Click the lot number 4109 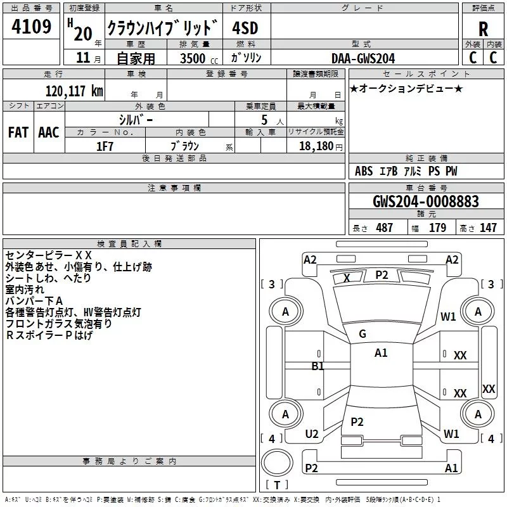[32, 28]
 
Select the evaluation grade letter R [483, 29]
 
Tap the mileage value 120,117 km [74, 91]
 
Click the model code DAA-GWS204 [363, 58]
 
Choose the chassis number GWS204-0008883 [425, 202]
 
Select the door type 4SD [247, 29]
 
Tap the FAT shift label [18, 132]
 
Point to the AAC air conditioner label [49, 132]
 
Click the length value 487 [384, 228]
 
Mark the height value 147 [488, 228]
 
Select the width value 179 [437, 228]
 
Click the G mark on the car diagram [363, 334]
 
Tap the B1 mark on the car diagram [318, 366]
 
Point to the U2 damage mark [311, 434]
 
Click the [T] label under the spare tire [277, 485]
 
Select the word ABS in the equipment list [364, 171]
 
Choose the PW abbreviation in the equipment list [451, 171]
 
